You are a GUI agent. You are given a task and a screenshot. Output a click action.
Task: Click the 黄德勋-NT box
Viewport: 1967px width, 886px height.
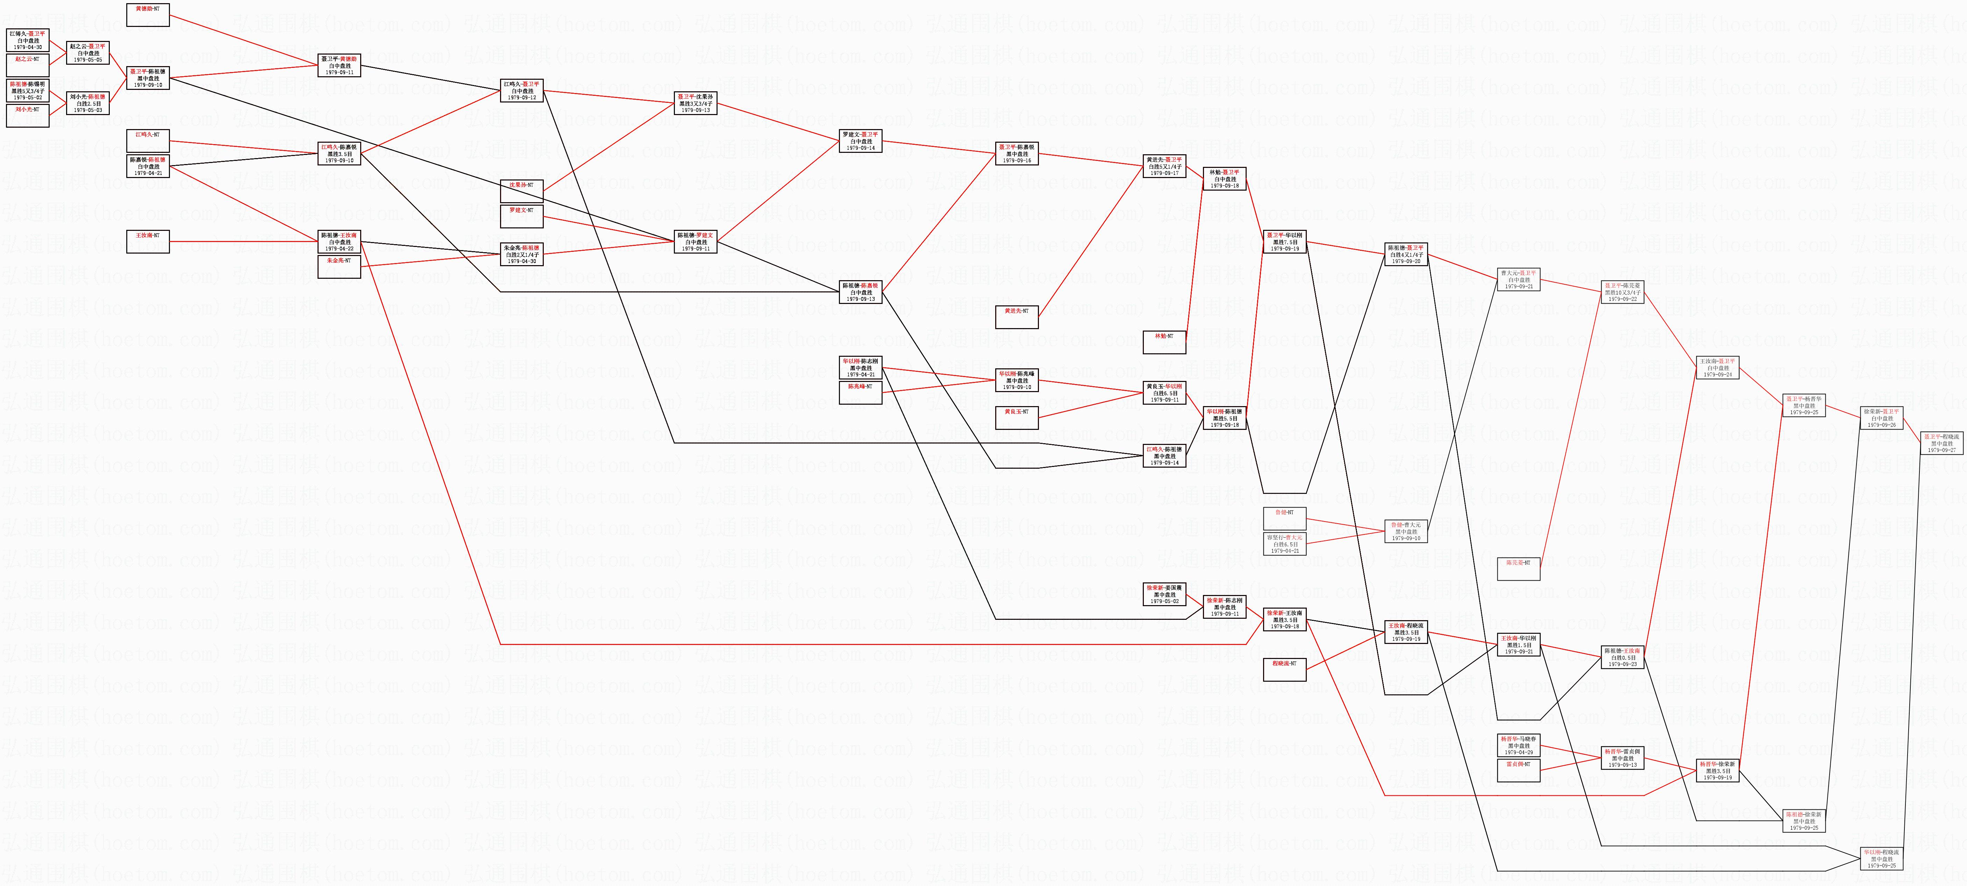(147, 14)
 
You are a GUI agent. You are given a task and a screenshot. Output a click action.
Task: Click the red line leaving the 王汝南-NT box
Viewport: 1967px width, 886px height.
(244, 241)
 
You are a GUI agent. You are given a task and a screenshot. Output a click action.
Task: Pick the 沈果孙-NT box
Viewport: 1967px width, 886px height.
(521, 191)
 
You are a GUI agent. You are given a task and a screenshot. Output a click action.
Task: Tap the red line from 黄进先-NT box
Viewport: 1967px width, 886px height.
(1092, 237)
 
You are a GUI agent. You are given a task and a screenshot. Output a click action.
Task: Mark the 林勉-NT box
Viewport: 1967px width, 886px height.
(1164, 341)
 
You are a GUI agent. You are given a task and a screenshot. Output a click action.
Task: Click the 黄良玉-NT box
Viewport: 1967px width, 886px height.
(1016, 417)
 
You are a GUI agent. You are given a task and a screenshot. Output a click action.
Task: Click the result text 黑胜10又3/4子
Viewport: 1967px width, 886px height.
(1622, 292)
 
